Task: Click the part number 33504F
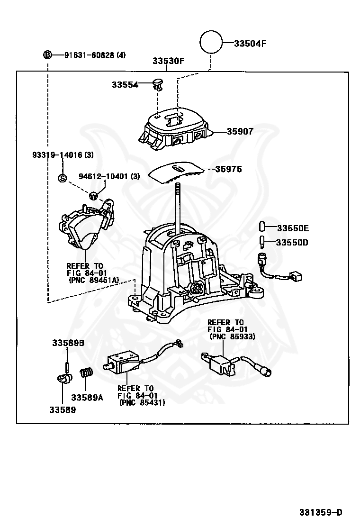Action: point(250,44)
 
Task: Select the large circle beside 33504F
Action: point(211,43)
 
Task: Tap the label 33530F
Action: point(168,61)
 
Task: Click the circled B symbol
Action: point(47,55)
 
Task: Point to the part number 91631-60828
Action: point(90,55)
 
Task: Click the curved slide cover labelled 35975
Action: point(175,173)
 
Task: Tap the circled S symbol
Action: point(63,178)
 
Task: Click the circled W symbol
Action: point(93,195)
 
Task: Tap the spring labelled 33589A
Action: point(87,374)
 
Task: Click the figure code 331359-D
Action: point(320,512)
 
